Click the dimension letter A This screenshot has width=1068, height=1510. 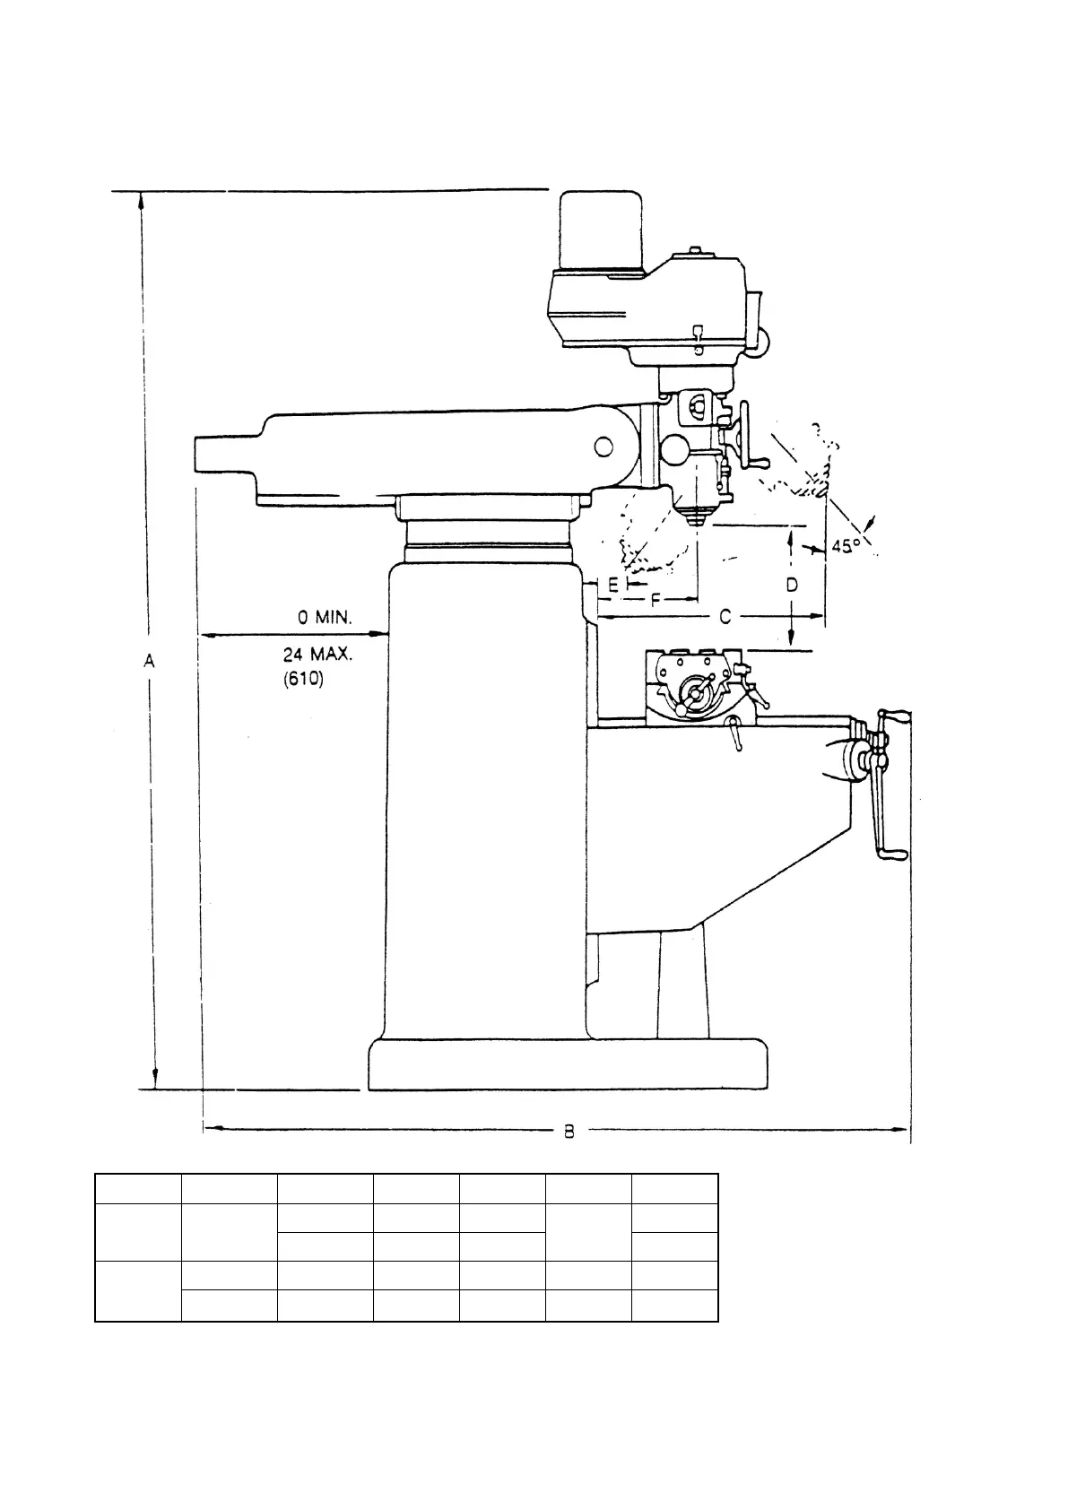[x=150, y=661]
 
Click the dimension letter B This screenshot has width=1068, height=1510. [x=569, y=1132]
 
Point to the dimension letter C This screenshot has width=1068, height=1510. [x=725, y=617]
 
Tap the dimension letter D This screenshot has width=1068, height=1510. [x=792, y=586]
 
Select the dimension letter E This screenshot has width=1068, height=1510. [x=612, y=585]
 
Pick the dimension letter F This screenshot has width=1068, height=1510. [x=655, y=600]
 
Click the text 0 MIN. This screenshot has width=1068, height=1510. [x=326, y=618]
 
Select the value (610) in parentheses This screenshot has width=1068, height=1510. [x=304, y=679]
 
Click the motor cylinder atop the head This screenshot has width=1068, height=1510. [x=601, y=231]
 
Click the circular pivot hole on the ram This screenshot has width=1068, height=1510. [x=603, y=446]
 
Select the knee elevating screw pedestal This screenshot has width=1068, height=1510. [x=682, y=986]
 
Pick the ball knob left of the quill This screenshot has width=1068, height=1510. [x=674, y=448]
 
